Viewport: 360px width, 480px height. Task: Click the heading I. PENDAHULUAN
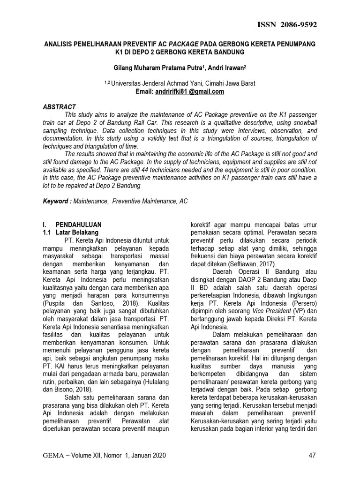(72, 225)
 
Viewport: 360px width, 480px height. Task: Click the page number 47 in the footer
(313, 455)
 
